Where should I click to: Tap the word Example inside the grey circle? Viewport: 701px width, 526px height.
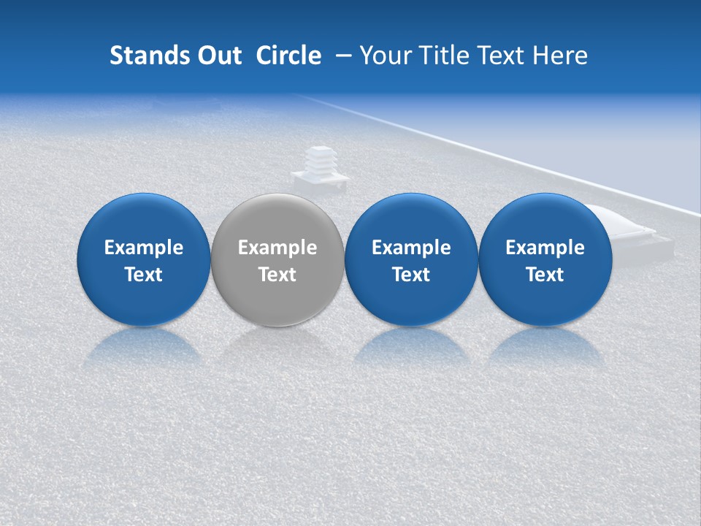[277, 248]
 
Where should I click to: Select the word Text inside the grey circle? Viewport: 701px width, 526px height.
[277, 275]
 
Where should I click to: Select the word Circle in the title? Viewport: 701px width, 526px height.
[288, 56]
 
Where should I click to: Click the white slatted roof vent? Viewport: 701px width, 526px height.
[318, 162]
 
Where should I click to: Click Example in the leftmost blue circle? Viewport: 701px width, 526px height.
[143, 248]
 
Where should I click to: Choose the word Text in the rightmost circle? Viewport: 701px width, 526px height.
[545, 275]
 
